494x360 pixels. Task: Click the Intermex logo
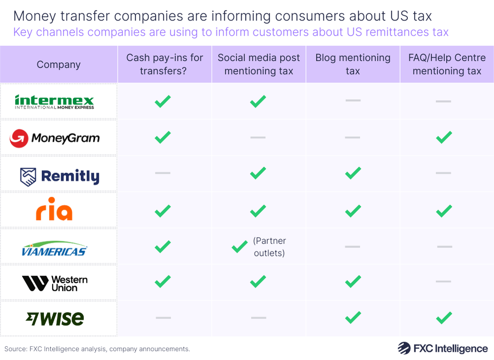point(54,102)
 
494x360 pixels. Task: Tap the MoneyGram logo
point(54,138)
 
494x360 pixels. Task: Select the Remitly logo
point(59,176)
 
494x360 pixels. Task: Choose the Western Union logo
point(55,283)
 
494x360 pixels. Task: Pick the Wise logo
point(55,319)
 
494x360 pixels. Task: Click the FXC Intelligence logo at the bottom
point(442,348)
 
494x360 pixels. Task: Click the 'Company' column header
point(58,65)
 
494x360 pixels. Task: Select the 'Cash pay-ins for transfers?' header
point(164,65)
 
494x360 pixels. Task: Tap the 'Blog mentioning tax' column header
point(353,65)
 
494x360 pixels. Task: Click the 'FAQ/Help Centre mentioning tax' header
point(447,65)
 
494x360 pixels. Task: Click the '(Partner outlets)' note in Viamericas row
point(269,247)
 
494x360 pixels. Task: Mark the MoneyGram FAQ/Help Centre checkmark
point(444,138)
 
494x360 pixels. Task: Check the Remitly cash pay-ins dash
point(163,173)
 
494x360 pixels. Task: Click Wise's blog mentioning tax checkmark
point(353,318)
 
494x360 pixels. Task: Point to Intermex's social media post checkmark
point(257,102)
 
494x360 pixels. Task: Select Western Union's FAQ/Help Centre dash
point(444,282)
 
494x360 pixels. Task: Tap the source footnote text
point(97,349)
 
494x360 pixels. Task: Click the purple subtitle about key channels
point(231,33)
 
